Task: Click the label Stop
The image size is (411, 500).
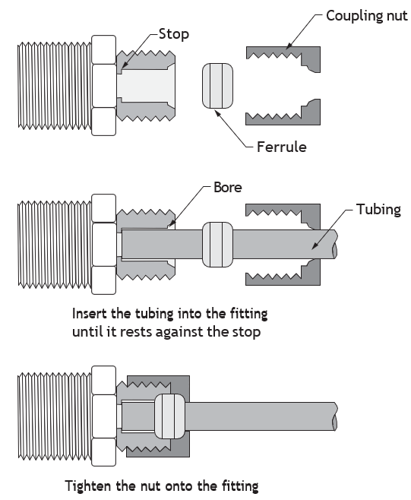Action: click(174, 34)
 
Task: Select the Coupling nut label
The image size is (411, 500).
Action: click(367, 16)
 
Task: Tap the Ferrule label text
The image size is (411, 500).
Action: click(282, 147)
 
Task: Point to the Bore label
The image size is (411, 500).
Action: click(228, 187)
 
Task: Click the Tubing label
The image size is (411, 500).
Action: click(378, 210)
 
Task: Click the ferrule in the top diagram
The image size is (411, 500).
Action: click(217, 86)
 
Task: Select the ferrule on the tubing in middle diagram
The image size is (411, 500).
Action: click(217, 245)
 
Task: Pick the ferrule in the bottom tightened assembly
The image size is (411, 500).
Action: click(169, 416)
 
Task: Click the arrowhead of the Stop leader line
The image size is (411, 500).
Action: click(123, 66)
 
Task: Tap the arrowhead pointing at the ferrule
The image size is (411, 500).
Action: click(217, 112)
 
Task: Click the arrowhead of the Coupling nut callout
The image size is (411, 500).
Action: click(288, 46)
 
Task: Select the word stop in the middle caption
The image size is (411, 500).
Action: click(246, 332)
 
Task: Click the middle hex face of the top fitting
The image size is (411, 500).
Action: click(103, 86)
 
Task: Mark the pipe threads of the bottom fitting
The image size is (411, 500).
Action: click(55, 416)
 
